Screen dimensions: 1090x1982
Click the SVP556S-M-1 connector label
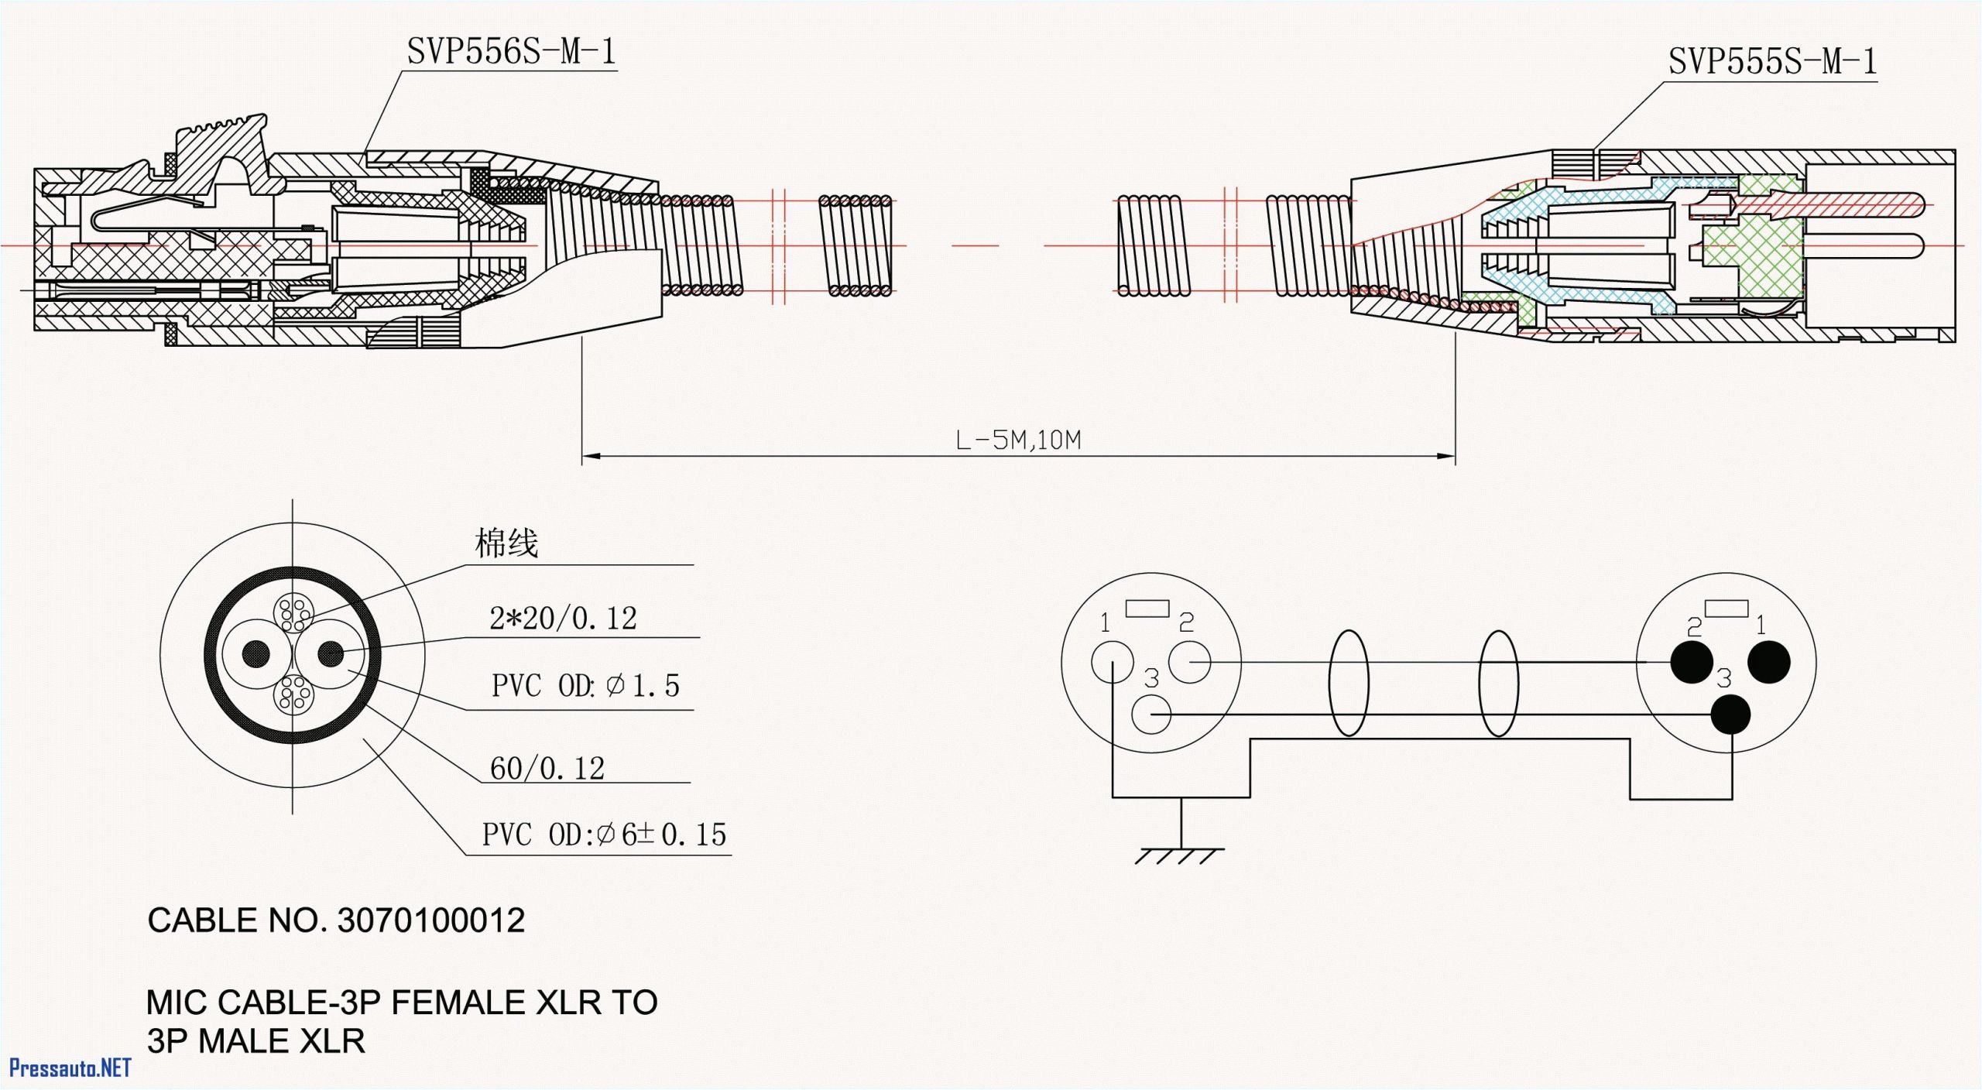[x=511, y=52]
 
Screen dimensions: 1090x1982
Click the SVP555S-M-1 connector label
[x=1771, y=61]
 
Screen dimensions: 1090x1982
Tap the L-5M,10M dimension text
[x=1017, y=440]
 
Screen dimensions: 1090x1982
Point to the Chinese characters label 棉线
[x=506, y=543]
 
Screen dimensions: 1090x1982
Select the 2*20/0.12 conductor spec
[x=563, y=619]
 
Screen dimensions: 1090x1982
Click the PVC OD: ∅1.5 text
[x=585, y=686]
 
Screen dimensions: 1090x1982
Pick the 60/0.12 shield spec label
[x=547, y=769]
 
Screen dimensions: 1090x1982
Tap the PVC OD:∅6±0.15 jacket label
[x=604, y=835]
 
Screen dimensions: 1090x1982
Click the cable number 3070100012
[x=431, y=920]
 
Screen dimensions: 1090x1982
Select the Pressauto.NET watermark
[x=70, y=1068]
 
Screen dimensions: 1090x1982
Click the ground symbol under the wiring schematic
[x=1180, y=855]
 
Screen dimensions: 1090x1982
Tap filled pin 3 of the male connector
[x=1730, y=714]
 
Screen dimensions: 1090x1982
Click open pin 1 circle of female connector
[x=1113, y=663]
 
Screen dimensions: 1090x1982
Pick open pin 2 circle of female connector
[x=1189, y=663]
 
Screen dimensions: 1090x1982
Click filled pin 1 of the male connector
[x=1769, y=663]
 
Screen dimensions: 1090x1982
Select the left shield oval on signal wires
[x=1348, y=683]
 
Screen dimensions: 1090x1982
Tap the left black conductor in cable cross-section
[x=256, y=654]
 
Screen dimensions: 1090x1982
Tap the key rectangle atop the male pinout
[x=1726, y=608]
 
